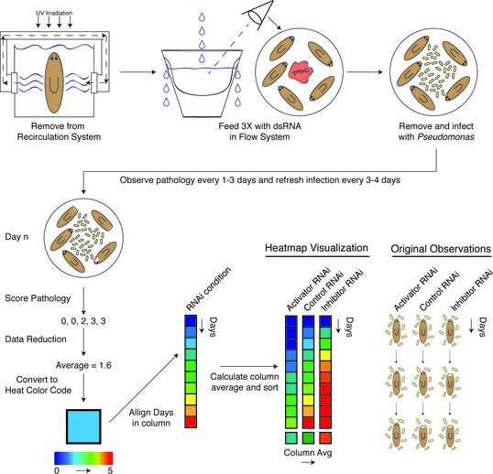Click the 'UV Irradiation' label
54,13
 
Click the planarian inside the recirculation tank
54,82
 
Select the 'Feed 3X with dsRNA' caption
259,126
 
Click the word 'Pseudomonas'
446,137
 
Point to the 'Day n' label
16,237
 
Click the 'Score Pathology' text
38,298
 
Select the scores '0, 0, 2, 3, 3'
83,321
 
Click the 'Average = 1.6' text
83,365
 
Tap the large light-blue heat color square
83,426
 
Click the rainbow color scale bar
83,458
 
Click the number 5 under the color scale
110,470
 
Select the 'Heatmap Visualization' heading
317,248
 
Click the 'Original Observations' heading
441,249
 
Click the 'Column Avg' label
308,453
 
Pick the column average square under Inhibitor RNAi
325,438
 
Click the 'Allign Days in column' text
151,417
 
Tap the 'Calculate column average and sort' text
245,382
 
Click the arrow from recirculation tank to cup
138,72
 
